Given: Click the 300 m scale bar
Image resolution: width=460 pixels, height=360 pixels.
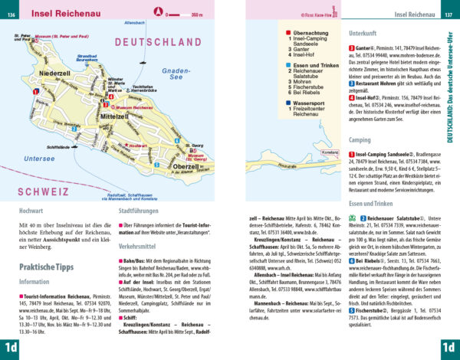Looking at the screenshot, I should click(x=189, y=14).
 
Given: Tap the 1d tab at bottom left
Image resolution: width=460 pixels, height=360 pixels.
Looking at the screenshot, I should click(x=10, y=349).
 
